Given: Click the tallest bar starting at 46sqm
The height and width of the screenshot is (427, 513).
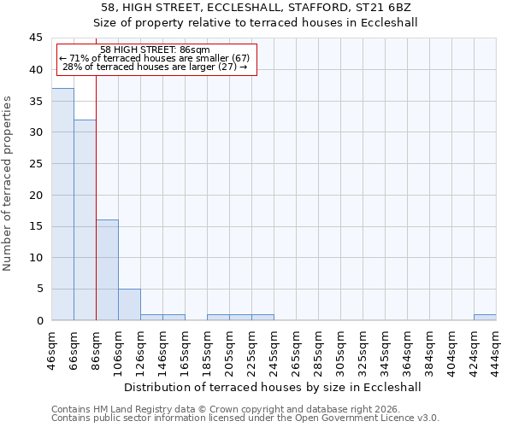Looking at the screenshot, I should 62,204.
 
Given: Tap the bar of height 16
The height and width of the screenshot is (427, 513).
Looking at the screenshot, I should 107,270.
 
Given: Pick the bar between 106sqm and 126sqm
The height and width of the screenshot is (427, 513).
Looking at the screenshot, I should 129,304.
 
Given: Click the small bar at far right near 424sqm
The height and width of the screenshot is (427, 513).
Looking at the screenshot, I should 485,317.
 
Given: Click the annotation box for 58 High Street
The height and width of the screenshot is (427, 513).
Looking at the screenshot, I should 155,59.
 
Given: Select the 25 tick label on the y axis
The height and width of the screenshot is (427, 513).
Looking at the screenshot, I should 35,164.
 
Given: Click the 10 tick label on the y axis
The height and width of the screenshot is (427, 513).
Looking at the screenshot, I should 35,258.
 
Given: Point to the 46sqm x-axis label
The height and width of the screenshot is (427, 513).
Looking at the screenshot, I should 52,348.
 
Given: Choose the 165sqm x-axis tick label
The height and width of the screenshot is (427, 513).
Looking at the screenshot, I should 186,348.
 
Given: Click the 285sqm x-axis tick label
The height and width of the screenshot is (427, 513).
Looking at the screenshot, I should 319,348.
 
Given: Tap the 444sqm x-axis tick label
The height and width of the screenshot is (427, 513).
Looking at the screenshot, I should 497,348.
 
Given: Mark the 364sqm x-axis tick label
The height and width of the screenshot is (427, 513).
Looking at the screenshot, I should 408,348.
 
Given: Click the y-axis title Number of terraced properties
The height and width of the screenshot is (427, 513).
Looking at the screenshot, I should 8,184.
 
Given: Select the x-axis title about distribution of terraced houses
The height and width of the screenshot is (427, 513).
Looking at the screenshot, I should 273,387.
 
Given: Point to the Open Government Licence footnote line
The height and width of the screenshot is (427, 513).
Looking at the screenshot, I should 245,418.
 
